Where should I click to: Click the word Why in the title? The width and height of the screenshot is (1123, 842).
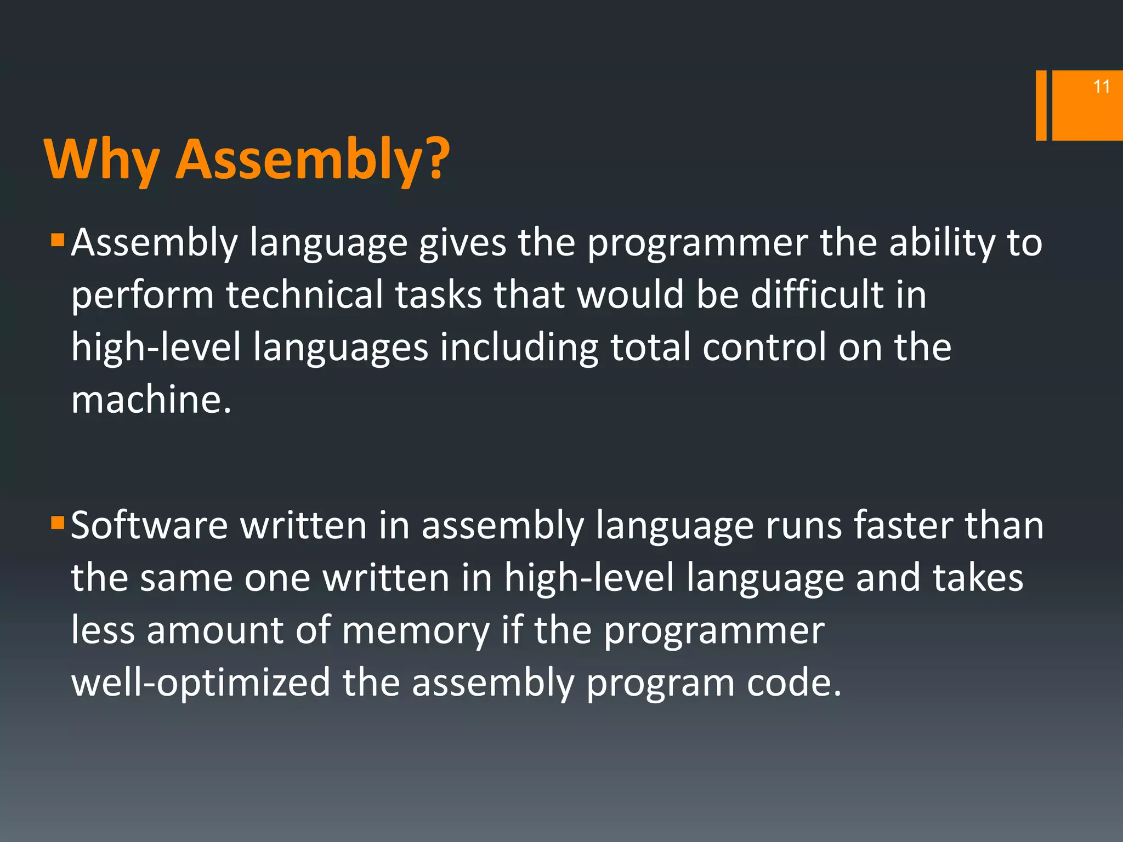click(101, 160)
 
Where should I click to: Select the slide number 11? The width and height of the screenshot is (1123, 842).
click(1101, 87)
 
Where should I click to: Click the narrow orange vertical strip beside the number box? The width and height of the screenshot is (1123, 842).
click(1041, 105)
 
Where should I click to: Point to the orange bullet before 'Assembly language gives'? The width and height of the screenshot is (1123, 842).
click(58, 241)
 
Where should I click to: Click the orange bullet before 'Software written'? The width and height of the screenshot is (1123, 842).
click(58, 523)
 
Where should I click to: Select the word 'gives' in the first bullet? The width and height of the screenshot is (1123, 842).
click(462, 243)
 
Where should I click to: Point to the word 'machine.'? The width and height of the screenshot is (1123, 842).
click(151, 400)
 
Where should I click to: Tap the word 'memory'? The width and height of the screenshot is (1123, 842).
click(416, 631)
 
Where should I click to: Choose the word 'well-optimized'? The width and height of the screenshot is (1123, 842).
click(201, 683)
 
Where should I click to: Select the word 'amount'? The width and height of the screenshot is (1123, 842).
click(215, 630)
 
